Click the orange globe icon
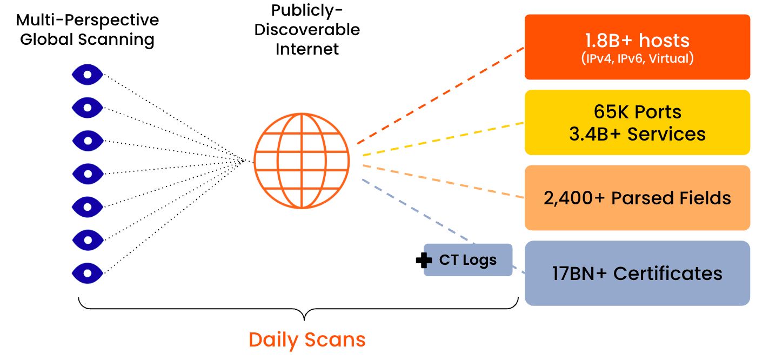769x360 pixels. [302, 161]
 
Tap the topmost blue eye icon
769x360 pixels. [88, 75]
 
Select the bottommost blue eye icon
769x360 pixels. [88, 272]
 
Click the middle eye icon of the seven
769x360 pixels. [88, 174]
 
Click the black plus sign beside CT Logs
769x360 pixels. [424, 261]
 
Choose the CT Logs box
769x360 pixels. [468, 260]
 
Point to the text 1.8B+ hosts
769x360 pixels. [637, 41]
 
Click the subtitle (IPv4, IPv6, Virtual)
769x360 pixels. [637, 59]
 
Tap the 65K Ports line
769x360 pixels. [637, 112]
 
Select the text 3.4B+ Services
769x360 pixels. [637, 134]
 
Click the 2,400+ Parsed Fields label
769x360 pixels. [637, 198]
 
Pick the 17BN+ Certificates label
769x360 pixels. [637, 274]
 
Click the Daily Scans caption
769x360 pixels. [307, 340]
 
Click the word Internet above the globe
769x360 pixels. [307, 49]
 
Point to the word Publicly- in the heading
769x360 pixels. [307, 10]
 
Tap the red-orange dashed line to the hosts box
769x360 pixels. [440, 95]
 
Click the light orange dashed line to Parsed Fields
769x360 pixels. [440, 181]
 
